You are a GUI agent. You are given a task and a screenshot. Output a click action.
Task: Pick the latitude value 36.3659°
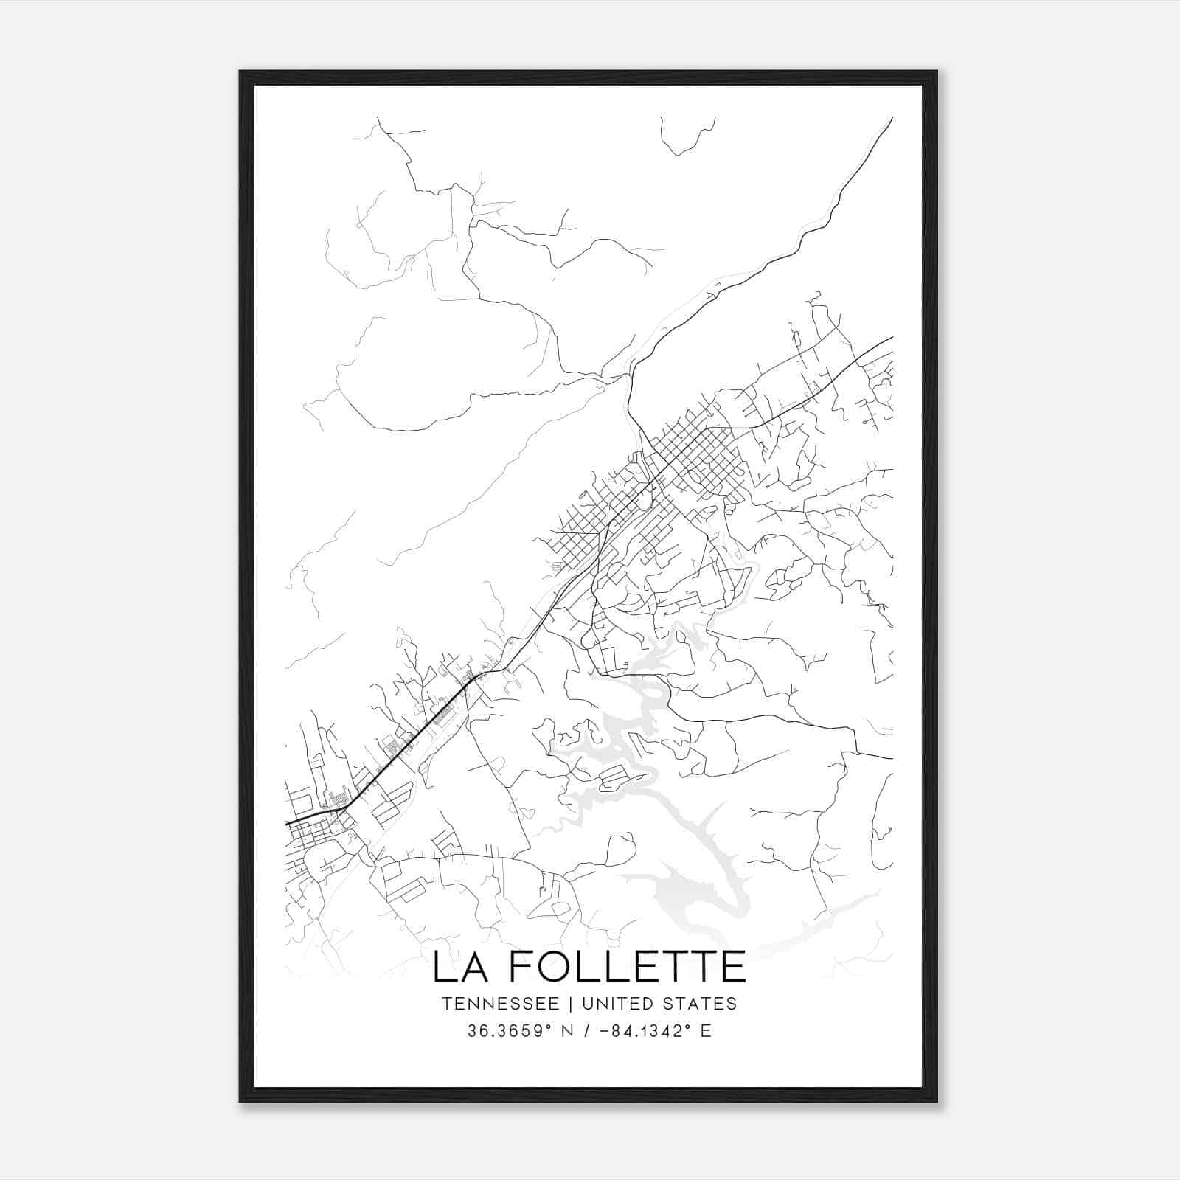pos(508,1031)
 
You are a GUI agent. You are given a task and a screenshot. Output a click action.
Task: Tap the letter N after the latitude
pos(566,1031)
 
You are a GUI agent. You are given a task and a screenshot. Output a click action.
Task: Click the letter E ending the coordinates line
pos(706,1031)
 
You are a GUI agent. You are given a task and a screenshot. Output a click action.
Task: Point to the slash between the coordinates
pos(587,1031)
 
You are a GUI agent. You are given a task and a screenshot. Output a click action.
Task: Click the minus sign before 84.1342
pos(605,1031)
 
